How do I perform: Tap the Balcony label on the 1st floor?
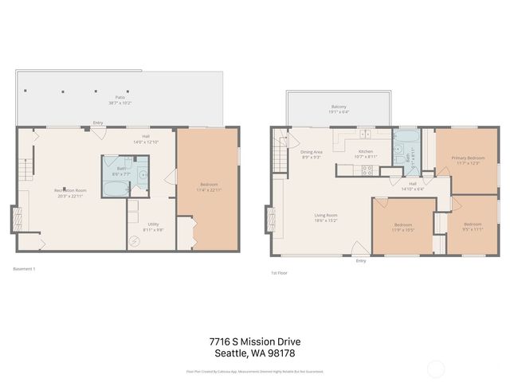tap(339, 107)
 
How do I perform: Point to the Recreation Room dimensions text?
tap(69, 196)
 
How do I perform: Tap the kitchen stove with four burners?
tap(369, 169)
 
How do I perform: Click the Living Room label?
tap(326, 215)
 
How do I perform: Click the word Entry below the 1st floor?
tap(361, 260)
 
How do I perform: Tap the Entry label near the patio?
tap(97, 123)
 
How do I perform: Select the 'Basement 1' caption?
tap(25, 269)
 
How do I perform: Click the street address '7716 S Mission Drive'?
tap(254, 341)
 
